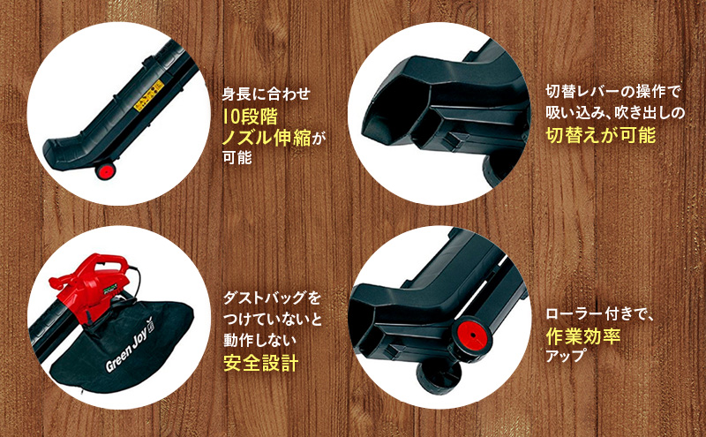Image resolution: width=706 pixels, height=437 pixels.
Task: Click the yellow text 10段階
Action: click(x=250, y=115)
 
